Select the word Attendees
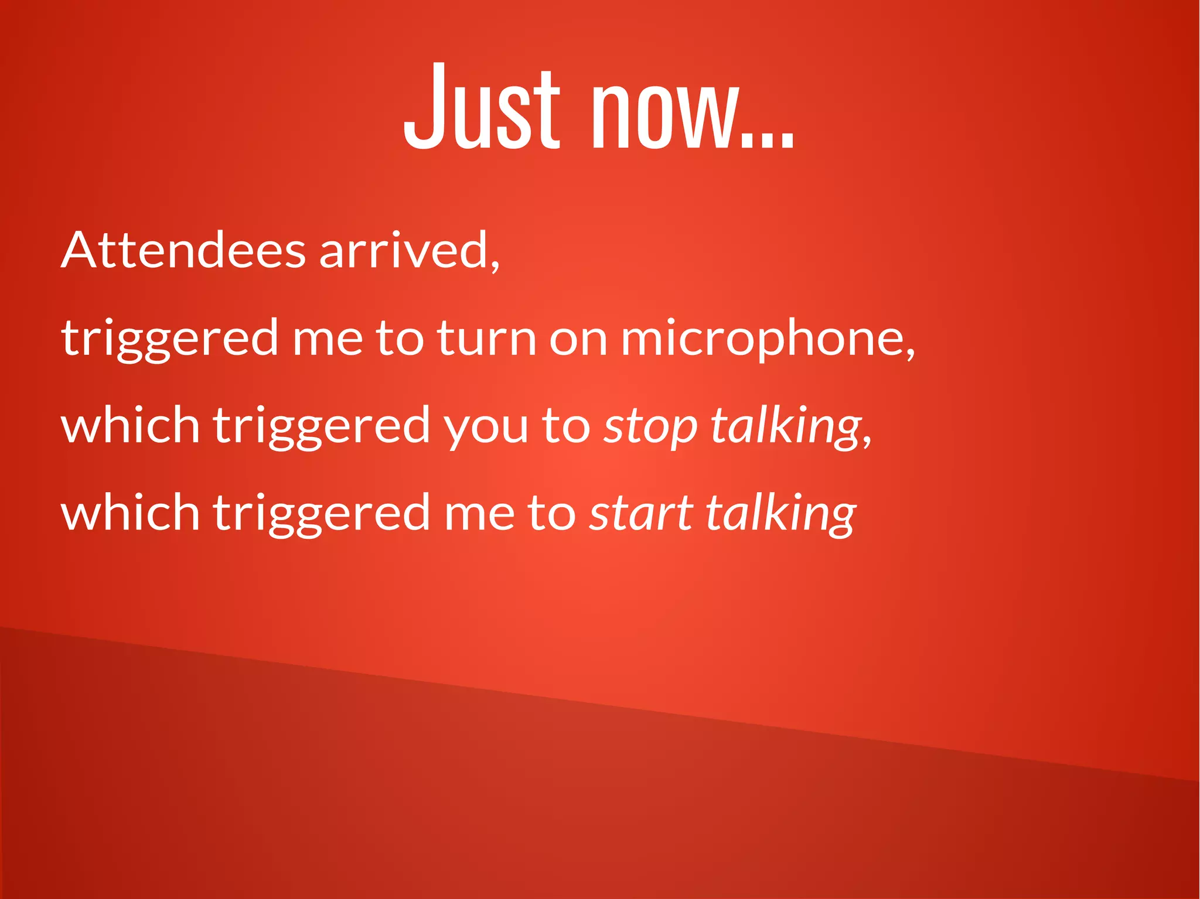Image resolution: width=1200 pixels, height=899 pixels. click(x=183, y=250)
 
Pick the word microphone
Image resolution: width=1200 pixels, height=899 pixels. click(x=762, y=339)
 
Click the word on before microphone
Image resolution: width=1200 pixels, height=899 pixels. click(x=578, y=339)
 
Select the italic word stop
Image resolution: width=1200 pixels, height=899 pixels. click(x=650, y=426)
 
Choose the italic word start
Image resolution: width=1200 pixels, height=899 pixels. click(x=641, y=513)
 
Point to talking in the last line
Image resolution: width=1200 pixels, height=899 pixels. click(x=780, y=514)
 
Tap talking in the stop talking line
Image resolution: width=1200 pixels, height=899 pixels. click(x=785, y=426)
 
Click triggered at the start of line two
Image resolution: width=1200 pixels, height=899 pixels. click(x=170, y=339)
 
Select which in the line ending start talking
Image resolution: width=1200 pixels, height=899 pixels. click(x=130, y=512)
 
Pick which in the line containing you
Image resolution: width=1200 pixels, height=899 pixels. click(x=130, y=425)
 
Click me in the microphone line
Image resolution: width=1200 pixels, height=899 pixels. click(x=327, y=339)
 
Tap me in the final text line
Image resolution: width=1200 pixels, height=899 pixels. click(x=479, y=513)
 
